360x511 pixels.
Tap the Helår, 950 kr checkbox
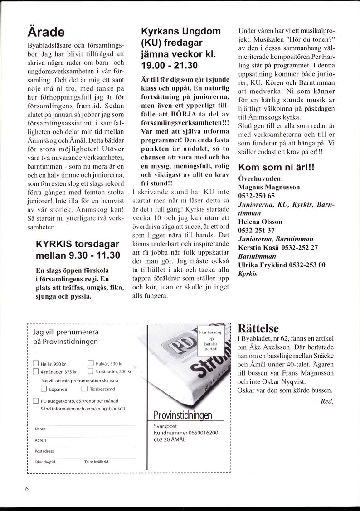(36, 363)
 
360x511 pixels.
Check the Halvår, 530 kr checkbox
(90, 363)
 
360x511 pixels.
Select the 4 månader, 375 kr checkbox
(36, 372)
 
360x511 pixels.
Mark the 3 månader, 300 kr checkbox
(90, 372)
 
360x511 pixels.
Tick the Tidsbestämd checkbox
(84, 389)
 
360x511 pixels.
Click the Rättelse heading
(258, 328)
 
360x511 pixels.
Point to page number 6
(27, 489)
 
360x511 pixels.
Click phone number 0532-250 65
(257, 196)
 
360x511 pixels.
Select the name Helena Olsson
(260, 222)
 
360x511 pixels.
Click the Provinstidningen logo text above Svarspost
(182, 415)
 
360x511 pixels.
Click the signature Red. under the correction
(327, 401)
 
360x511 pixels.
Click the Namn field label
(40, 429)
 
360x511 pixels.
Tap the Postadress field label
(44, 451)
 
